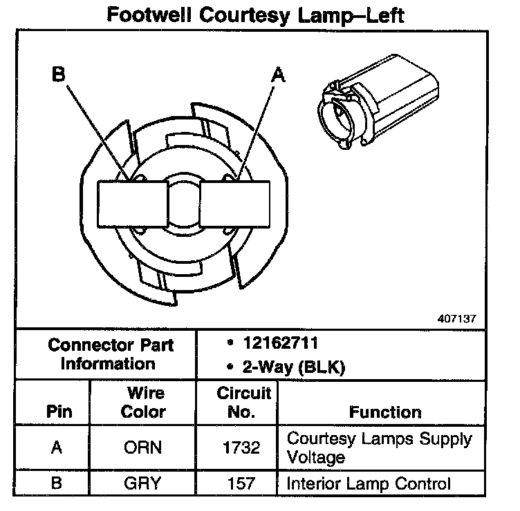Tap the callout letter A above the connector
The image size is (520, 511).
[277, 75]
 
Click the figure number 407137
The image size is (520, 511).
[456, 320]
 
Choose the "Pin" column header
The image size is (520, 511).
[58, 412]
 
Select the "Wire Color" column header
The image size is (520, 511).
[143, 403]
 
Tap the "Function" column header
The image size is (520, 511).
[384, 412]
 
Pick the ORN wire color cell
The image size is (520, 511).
[143, 447]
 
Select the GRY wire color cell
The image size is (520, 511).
[143, 483]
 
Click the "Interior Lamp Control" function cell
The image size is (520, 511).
[368, 483]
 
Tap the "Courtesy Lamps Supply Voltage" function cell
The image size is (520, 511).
[379, 447]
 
